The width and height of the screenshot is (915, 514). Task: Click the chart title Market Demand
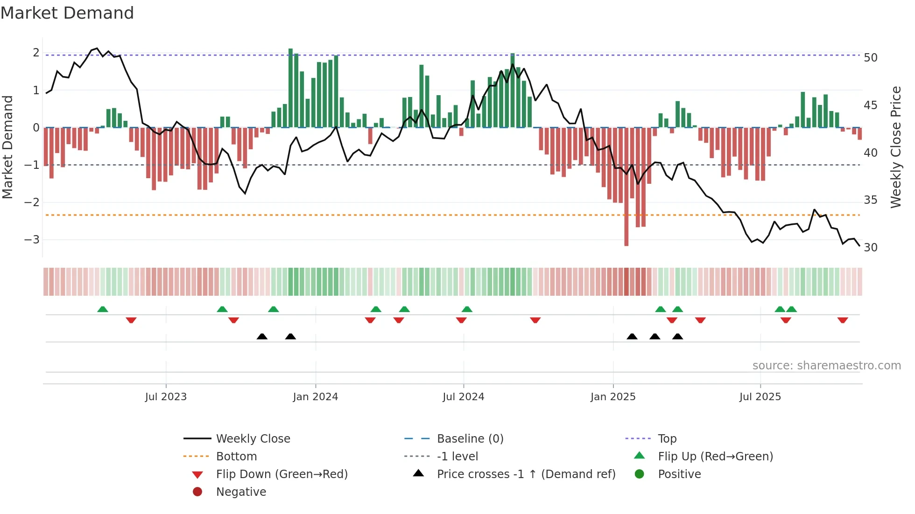(67, 13)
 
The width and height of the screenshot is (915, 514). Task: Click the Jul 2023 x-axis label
(166, 397)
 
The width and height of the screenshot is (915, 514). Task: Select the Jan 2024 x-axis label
(315, 397)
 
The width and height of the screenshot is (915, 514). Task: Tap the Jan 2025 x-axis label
(612, 397)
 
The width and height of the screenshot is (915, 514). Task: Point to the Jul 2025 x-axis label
(760, 397)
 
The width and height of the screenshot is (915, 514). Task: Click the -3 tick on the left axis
(32, 240)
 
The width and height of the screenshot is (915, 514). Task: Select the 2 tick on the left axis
(36, 53)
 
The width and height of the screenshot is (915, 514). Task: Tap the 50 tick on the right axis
(870, 58)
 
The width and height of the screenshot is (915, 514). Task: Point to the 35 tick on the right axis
(870, 200)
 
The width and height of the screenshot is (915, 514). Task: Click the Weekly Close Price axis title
(895, 147)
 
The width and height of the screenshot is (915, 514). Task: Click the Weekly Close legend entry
(253, 439)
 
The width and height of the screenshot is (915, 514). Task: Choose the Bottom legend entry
(236, 457)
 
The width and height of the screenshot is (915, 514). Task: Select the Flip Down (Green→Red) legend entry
(282, 474)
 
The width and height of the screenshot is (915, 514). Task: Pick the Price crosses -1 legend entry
(526, 474)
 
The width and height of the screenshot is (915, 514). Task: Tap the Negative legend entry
(241, 492)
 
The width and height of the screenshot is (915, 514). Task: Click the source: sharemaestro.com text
(826, 366)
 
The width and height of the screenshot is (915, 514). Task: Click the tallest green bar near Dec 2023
(290, 88)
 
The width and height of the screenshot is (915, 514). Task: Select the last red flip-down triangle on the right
(842, 320)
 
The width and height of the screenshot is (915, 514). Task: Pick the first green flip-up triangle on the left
(103, 309)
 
